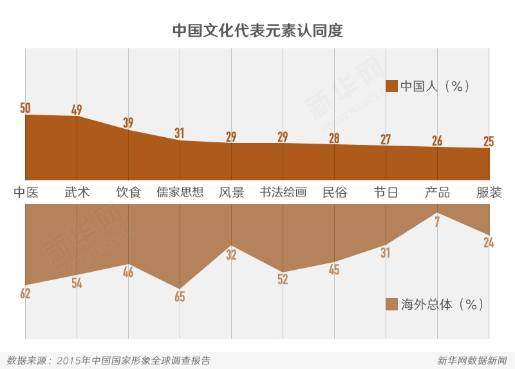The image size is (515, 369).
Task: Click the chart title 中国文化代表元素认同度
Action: click(x=257, y=31)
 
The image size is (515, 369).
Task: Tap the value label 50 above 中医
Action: click(x=25, y=108)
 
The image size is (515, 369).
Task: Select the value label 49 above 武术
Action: click(x=77, y=109)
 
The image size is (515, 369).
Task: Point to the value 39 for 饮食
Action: click(x=128, y=122)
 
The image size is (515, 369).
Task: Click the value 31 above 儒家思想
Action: click(x=180, y=133)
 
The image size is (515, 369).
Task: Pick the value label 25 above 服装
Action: click(x=489, y=141)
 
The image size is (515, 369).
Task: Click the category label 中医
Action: click(x=26, y=192)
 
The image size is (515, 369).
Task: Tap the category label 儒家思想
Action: click(x=180, y=192)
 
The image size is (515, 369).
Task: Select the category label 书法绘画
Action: click(x=283, y=192)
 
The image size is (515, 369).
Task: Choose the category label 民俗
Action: click(x=334, y=192)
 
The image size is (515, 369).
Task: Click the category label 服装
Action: click(x=489, y=192)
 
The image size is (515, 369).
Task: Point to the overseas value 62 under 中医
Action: click(x=25, y=294)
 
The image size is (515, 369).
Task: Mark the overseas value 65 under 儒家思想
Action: click(x=180, y=297)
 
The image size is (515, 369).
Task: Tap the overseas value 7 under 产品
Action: click(x=437, y=222)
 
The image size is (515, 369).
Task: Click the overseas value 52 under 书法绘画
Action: click(x=283, y=279)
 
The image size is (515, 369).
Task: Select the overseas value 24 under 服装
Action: click(x=489, y=243)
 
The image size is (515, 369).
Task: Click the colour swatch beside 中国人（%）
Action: click(x=391, y=86)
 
